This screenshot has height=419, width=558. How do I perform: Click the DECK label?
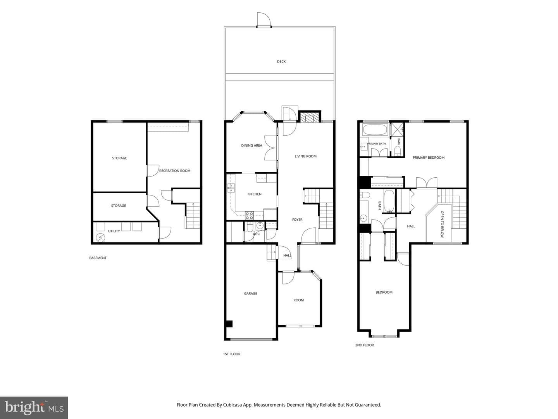click(281, 62)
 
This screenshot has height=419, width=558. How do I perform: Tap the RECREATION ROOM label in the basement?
click(175, 171)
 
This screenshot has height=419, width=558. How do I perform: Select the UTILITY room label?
click(114, 231)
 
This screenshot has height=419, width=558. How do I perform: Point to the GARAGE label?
click(250, 293)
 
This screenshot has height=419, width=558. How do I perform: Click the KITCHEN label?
click(255, 194)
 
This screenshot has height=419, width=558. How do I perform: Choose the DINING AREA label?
click(251, 145)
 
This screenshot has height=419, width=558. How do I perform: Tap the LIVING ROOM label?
click(306, 156)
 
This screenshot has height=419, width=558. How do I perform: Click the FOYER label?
click(297, 220)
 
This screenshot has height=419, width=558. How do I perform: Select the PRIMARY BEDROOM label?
click(428, 158)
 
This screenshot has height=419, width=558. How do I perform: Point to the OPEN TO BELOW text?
click(443, 224)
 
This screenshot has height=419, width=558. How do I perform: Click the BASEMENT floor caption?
click(98, 258)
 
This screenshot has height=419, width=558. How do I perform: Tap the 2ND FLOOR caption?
click(364, 345)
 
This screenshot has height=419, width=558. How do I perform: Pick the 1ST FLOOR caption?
click(232, 354)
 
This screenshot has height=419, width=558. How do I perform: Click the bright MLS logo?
click(34, 408)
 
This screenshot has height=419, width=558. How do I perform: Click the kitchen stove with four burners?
click(249, 215)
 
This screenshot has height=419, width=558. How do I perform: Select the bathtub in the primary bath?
click(375, 130)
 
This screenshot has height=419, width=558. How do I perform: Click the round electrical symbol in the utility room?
click(100, 238)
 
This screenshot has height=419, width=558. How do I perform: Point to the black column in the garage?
click(229, 324)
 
